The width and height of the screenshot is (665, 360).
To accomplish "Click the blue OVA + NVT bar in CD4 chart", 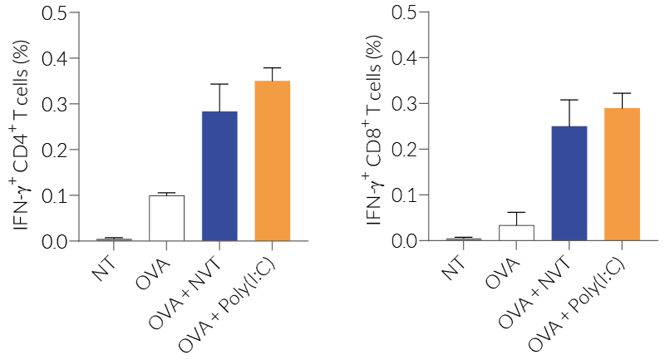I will point(219,176).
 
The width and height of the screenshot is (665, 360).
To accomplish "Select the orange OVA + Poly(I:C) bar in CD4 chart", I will point(273,161).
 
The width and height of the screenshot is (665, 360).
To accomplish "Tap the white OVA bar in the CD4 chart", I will point(166,219).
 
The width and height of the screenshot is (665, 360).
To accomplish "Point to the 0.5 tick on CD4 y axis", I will point(76,12).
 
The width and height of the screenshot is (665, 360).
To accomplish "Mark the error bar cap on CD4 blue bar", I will point(219,84).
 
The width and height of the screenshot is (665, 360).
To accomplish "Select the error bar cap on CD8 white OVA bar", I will point(516,212).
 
